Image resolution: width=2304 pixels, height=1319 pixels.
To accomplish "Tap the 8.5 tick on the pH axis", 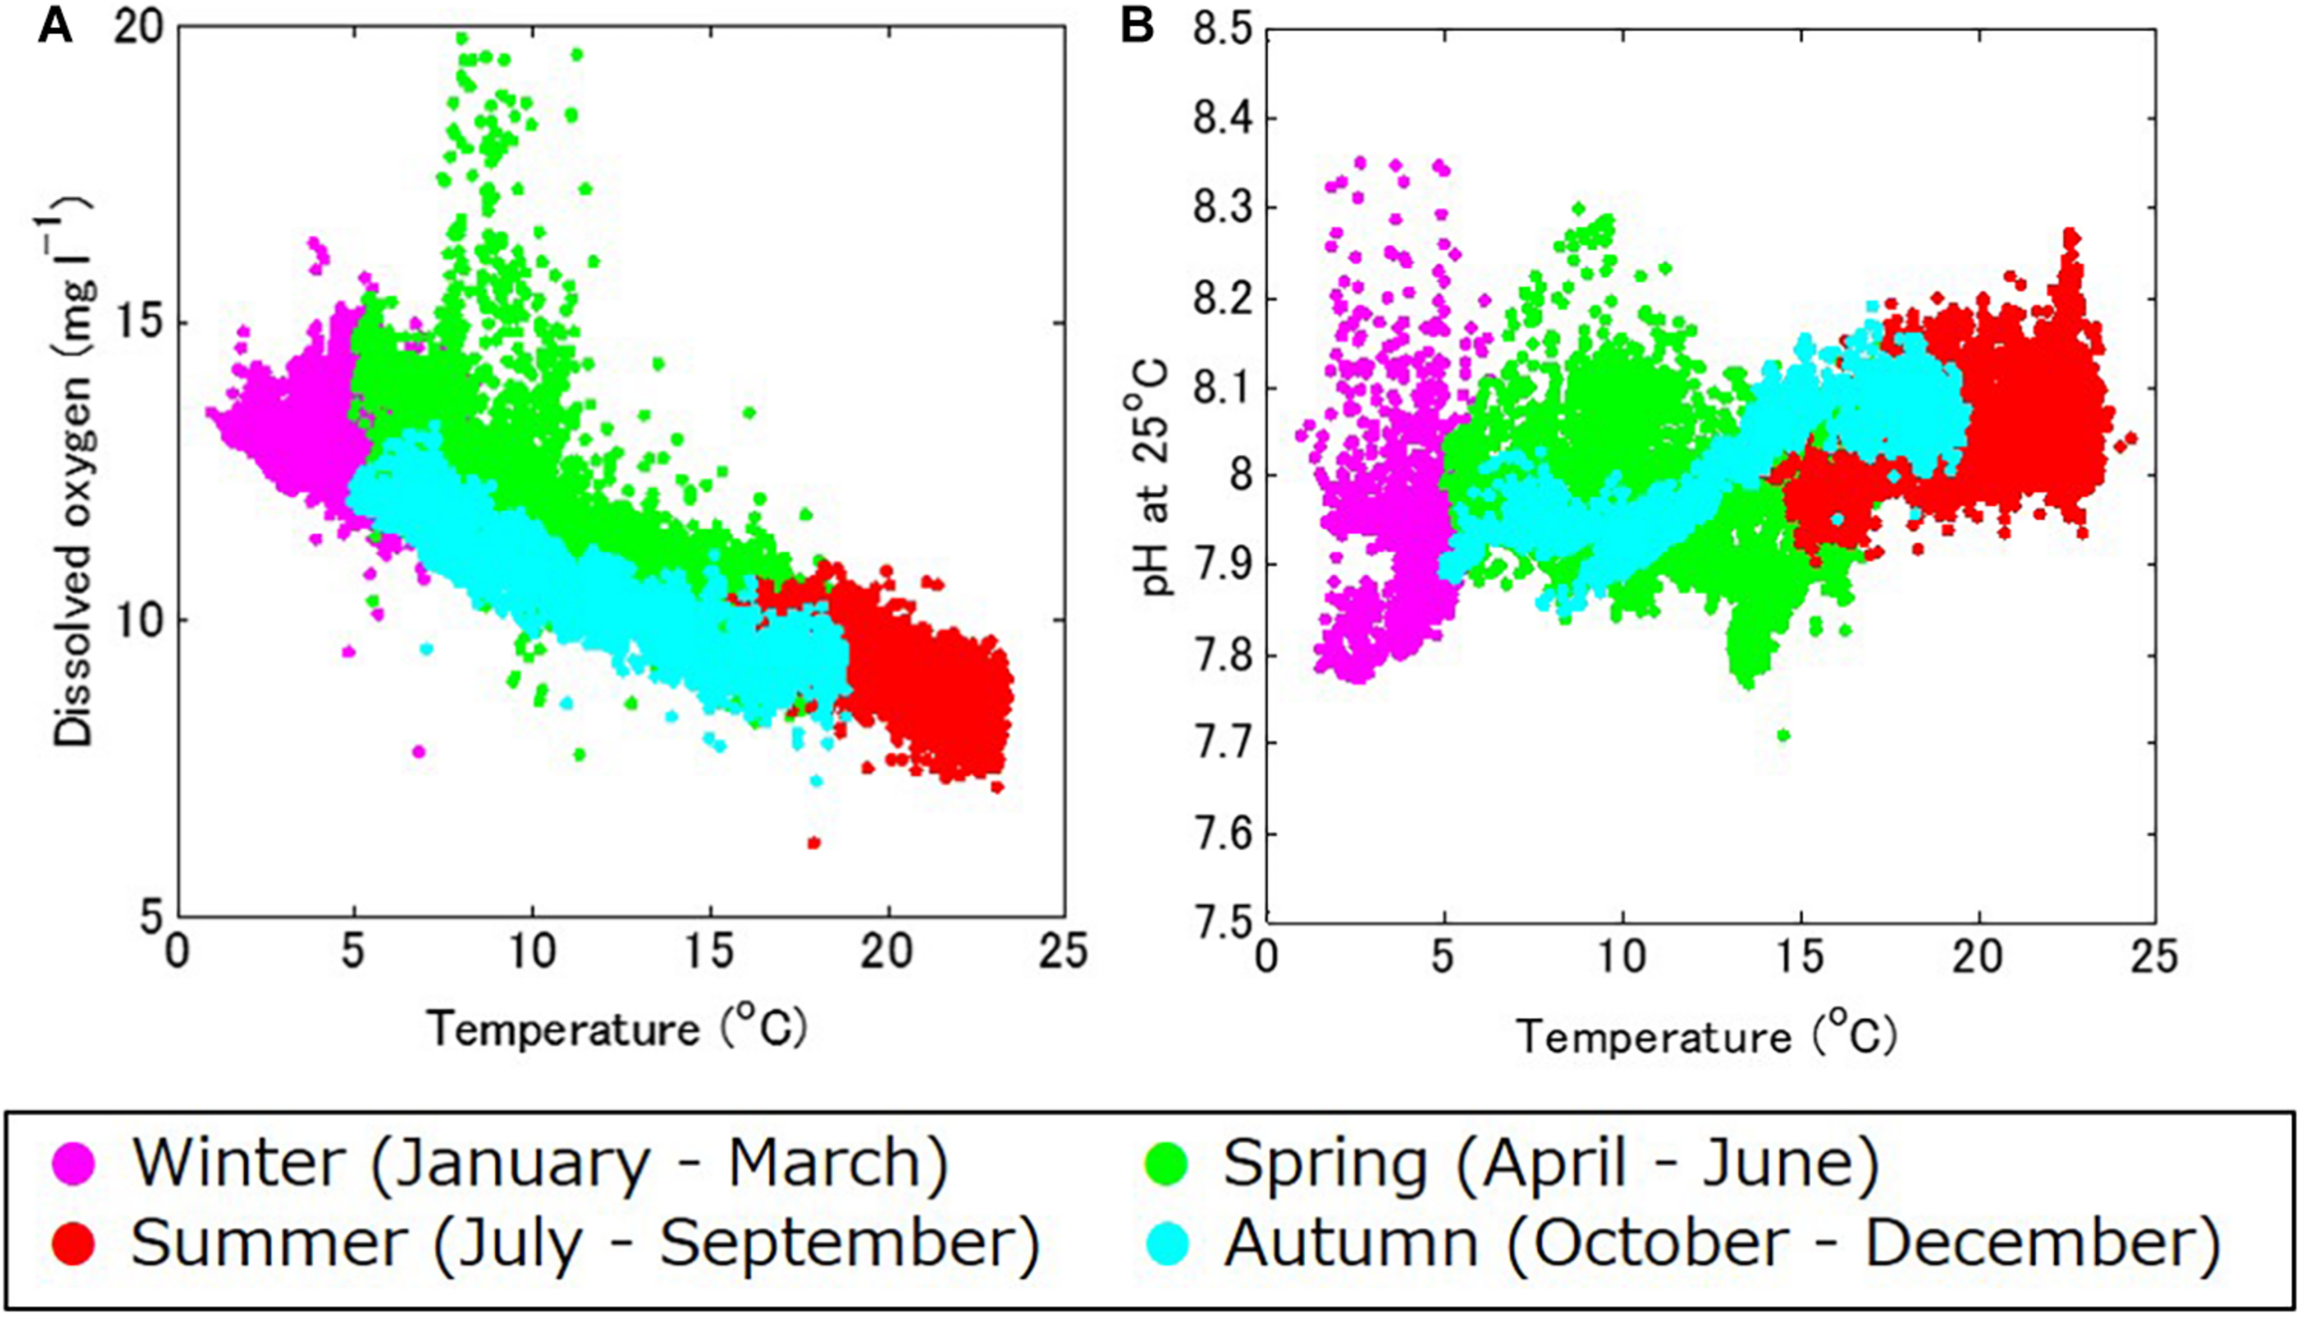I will (1222, 29).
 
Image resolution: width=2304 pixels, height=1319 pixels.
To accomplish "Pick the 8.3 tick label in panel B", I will (1222, 208).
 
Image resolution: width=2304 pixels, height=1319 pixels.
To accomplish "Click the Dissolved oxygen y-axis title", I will (72, 470).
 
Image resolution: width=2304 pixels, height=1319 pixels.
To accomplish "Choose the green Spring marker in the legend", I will (1165, 1164).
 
